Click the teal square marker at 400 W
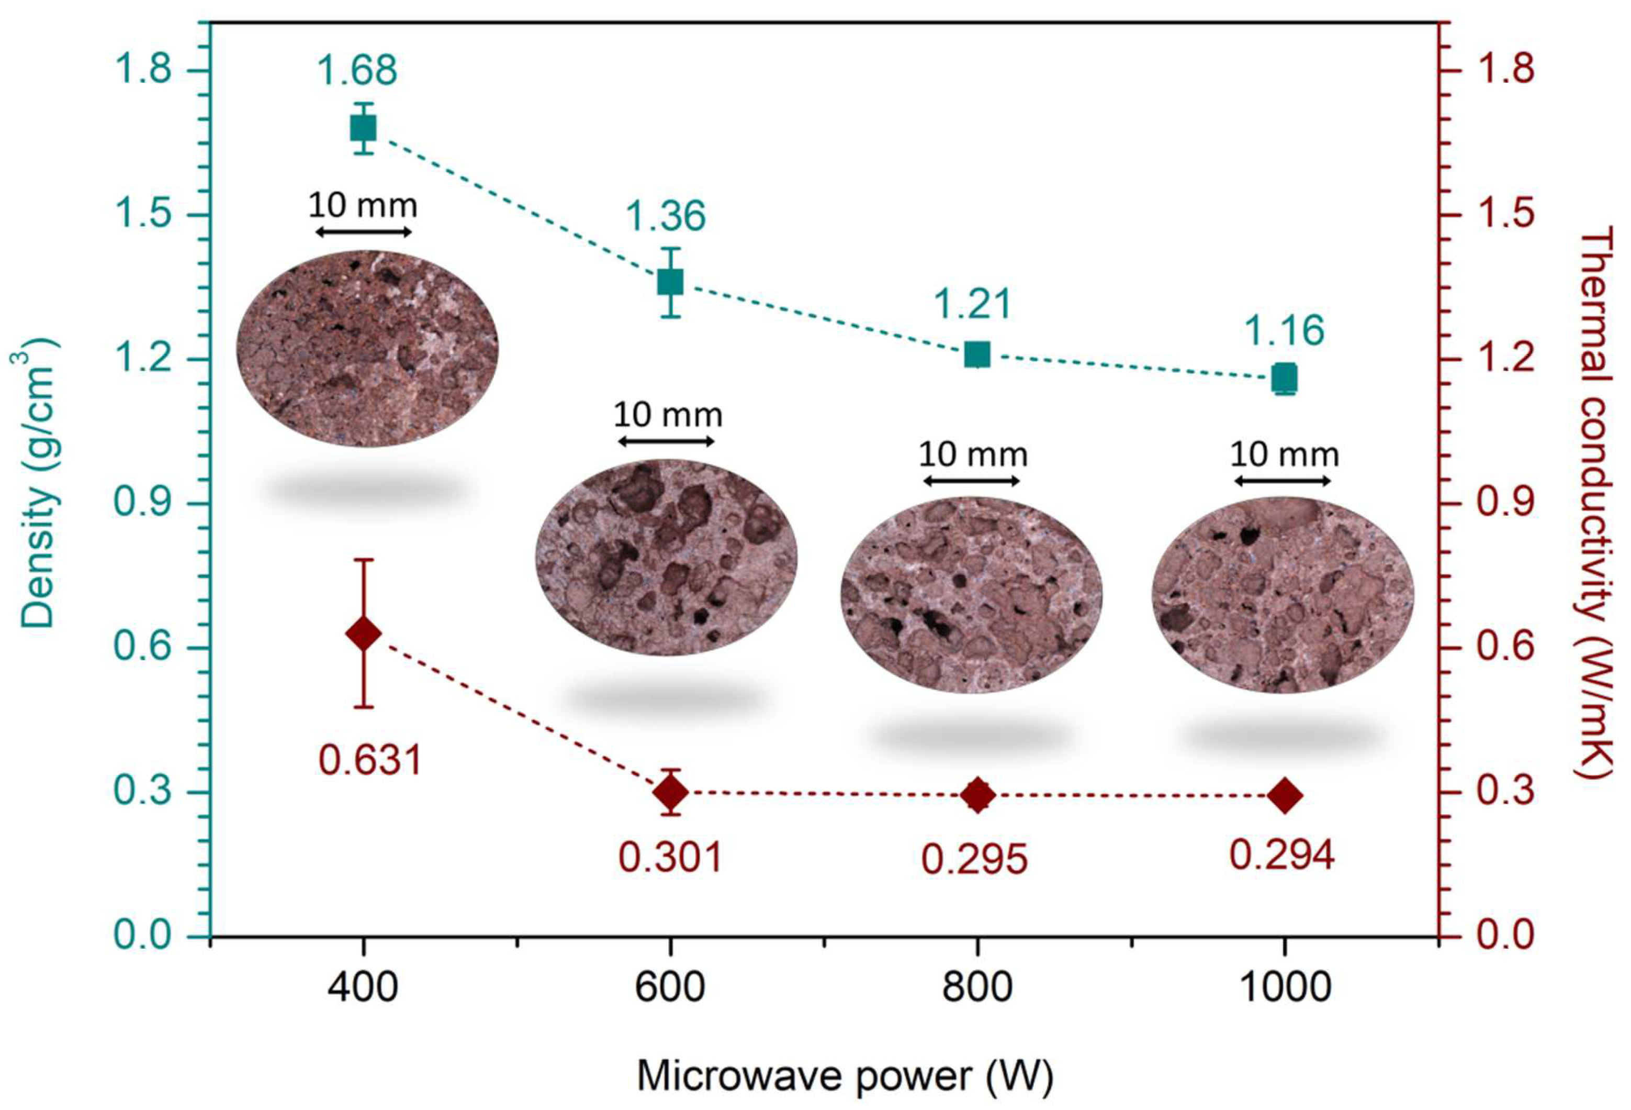coord(363,128)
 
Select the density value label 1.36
coord(665,216)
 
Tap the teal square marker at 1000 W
coord(1284,379)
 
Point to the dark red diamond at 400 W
coord(364,634)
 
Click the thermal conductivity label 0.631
coord(370,760)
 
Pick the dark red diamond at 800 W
coord(977,795)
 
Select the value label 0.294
coord(1281,855)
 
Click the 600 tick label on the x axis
coord(670,986)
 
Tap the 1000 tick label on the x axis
coord(1284,986)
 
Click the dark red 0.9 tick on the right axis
coord(1505,503)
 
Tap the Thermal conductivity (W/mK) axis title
coord(1596,502)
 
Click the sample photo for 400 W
coord(367,348)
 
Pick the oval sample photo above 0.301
coord(666,558)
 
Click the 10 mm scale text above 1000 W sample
coord(1284,455)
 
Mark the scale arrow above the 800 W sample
coord(971,481)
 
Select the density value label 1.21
coord(972,304)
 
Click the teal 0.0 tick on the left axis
coord(143,935)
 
